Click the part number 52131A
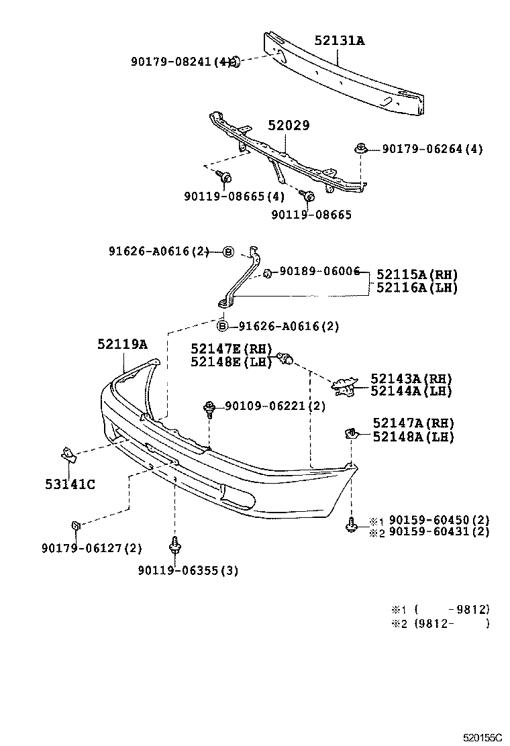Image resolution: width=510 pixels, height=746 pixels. [339, 41]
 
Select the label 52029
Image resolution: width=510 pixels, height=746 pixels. [289, 125]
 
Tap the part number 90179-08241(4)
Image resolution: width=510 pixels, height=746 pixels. [181, 62]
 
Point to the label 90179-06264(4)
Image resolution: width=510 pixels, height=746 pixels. [432, 149]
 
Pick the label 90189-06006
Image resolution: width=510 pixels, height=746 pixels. [320, 272]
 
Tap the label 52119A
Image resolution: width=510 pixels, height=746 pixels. [121, 344]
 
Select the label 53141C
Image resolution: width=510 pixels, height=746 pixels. [70, 484]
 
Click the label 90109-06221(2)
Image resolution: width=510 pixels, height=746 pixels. [274, 406]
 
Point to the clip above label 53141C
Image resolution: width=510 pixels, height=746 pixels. [68, 454]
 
